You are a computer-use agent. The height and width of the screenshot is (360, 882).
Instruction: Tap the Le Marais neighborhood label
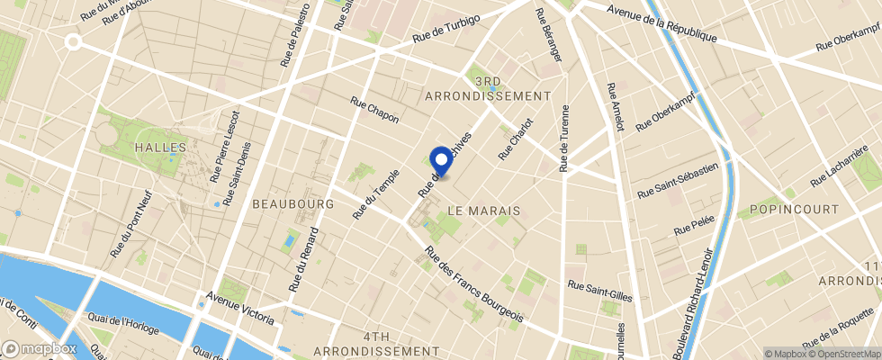coord(484,210)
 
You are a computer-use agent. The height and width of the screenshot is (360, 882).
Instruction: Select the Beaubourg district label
coord(292,204)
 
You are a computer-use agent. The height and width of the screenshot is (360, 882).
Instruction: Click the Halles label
coord(160,147)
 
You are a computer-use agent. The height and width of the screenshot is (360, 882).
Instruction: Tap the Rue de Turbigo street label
coord(447,30)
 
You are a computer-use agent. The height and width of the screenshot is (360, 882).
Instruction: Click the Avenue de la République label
coord(661,23)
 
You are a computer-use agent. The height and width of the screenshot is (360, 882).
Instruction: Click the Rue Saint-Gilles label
coord(600,290)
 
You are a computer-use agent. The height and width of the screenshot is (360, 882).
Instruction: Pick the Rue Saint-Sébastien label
coord(678,180)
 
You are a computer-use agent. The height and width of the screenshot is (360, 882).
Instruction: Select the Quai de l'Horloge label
coord(123,322)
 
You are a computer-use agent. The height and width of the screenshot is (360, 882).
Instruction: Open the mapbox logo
coord(40,347)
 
